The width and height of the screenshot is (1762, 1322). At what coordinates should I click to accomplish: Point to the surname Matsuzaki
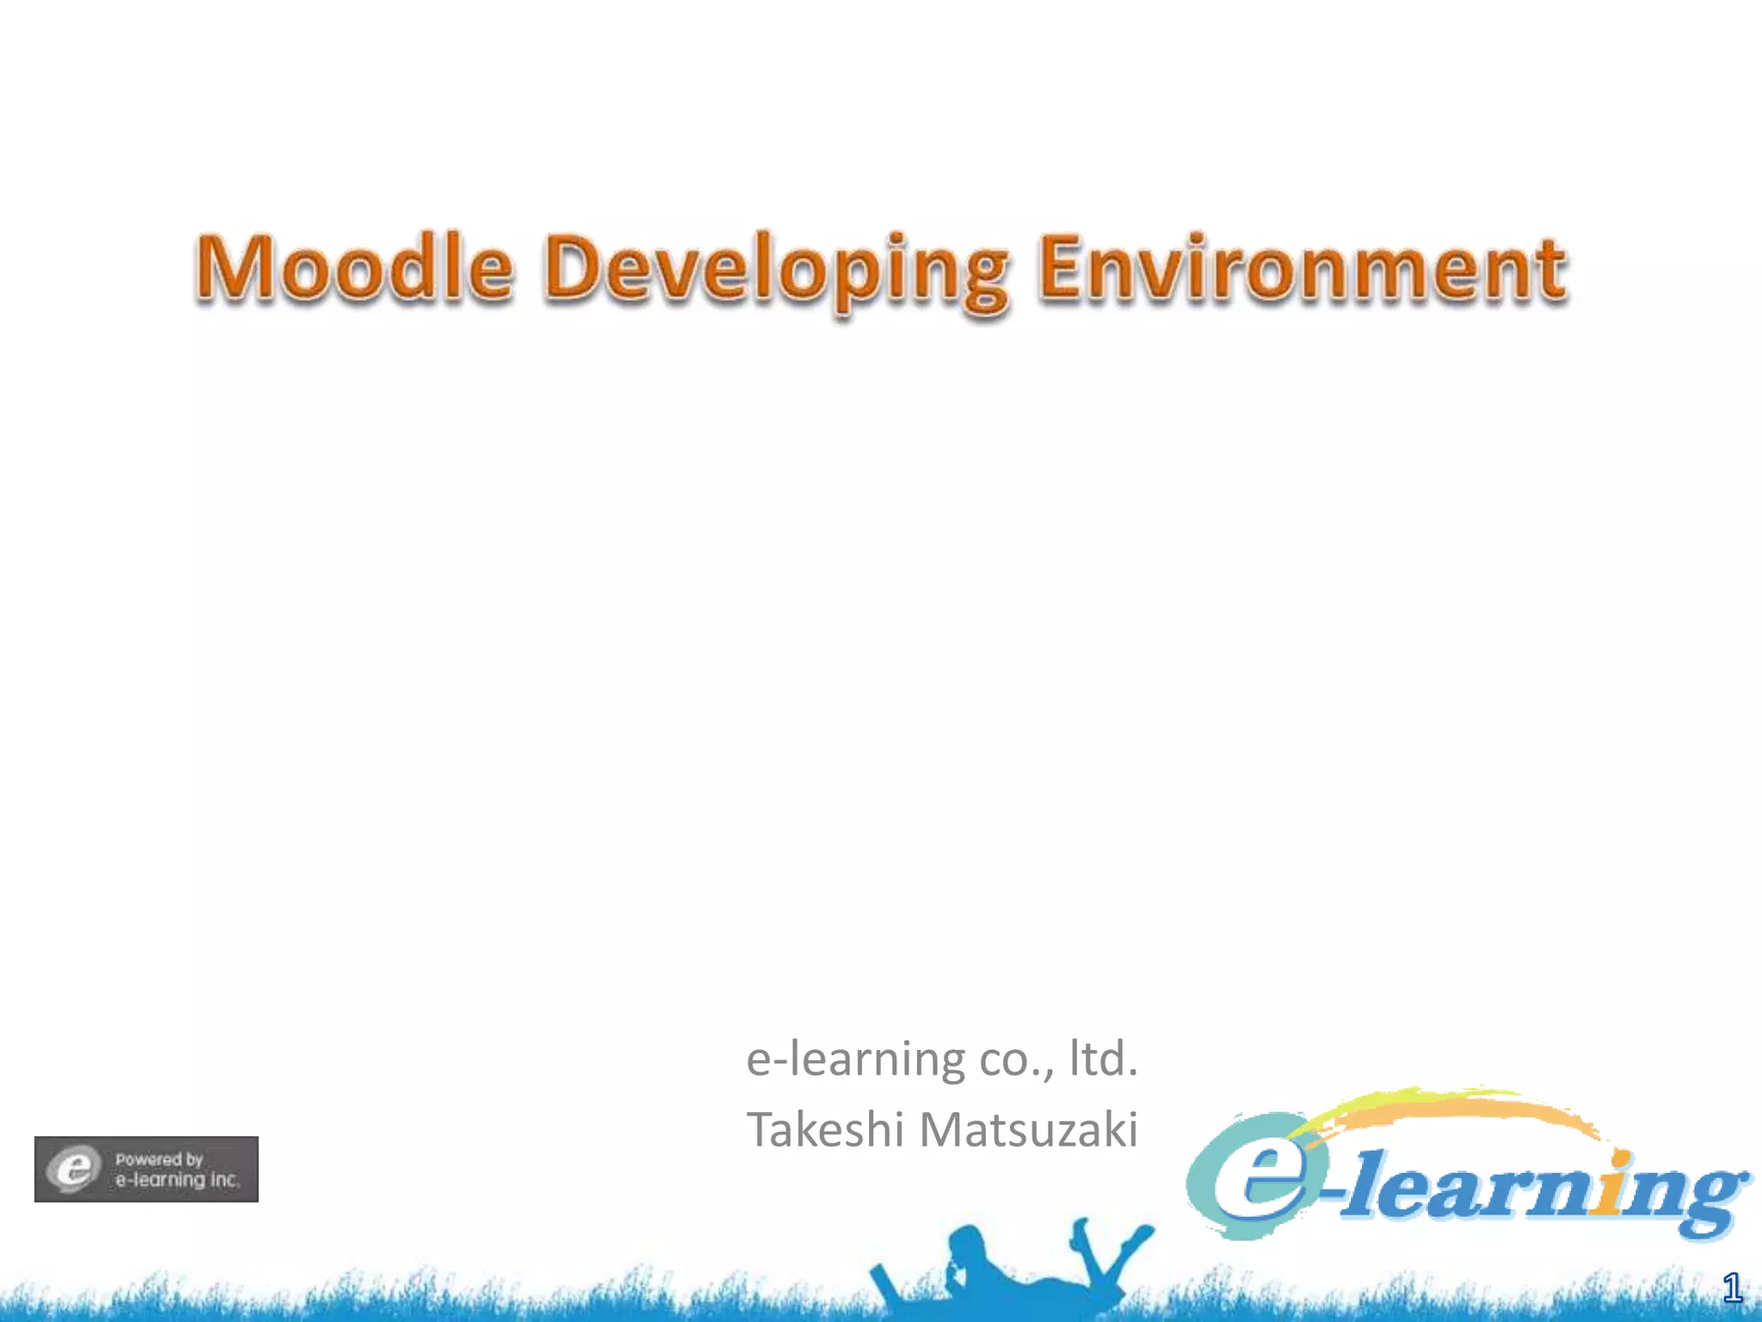click(1029, 1129)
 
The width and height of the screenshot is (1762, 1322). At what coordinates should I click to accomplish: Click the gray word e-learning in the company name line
click(855, 1059)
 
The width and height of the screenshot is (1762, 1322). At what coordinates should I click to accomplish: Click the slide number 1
click(1732, 1288)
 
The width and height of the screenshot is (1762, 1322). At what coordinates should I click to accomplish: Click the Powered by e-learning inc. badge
click(146, 1169)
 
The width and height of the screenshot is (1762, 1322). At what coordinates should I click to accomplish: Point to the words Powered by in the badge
click(159, 1159)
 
